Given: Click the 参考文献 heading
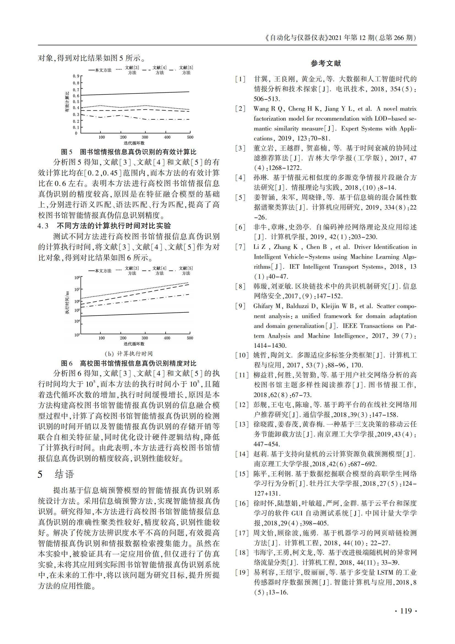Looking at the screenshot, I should point(325,63).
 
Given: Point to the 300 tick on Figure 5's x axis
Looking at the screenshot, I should point(145,137).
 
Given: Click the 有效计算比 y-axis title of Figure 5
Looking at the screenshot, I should point(67,102).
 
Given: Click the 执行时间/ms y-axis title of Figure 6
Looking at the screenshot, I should point(67,303).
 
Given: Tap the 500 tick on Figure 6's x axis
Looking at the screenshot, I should point(190,338).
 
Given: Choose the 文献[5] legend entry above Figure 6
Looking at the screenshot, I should point(186,271).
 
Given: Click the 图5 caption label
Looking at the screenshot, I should point(67,152).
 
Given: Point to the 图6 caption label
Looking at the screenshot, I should point(67,363).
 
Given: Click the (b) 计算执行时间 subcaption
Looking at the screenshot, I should point(128,354).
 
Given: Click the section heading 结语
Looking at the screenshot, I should point(64,474).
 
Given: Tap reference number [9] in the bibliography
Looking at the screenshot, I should point(240,306).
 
